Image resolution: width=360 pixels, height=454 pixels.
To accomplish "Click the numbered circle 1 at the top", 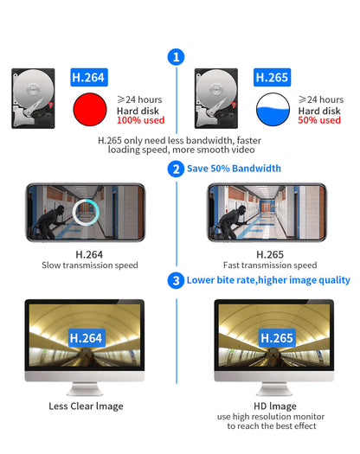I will pos(177,57).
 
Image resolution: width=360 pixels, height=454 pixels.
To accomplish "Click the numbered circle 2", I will pos(177,169).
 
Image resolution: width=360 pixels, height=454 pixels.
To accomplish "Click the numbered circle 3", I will pos(177,280).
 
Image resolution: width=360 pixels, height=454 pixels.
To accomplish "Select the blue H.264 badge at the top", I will pos(88,78).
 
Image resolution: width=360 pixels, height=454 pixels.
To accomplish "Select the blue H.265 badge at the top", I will pos(272,78).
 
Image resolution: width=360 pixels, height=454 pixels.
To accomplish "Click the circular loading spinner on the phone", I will pos(87,211).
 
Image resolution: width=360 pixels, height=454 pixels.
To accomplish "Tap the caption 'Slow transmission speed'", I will pos(89,266).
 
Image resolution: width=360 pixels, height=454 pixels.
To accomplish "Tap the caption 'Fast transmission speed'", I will pos(268,266).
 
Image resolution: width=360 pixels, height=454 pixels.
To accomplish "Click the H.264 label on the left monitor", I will pos(87,338).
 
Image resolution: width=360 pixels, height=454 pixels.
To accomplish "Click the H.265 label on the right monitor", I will pos(277,338).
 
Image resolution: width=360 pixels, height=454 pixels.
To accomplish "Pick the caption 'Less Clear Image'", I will pos(86,406).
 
